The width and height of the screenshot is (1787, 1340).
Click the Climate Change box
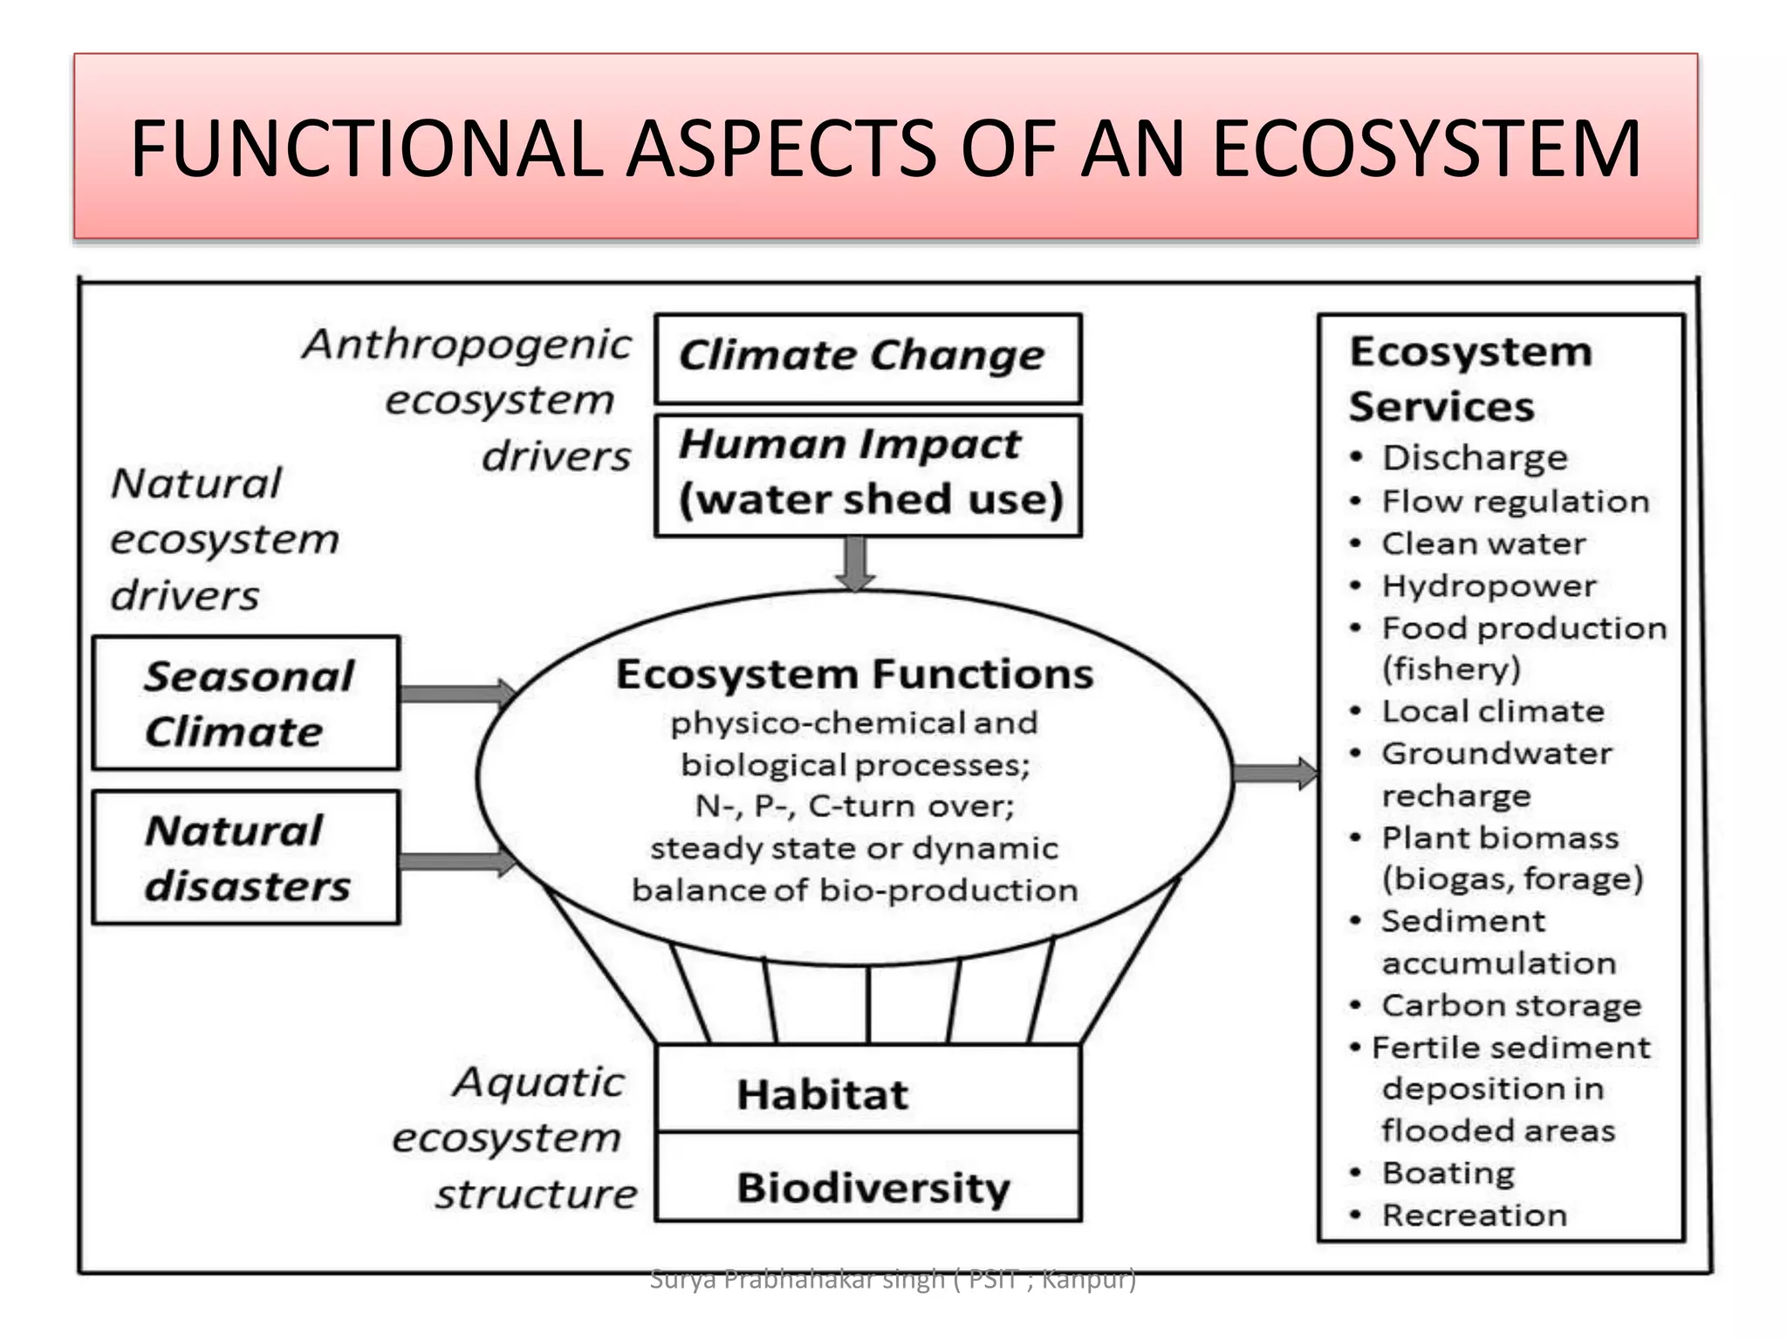867,359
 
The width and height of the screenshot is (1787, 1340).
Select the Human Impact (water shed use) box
867,475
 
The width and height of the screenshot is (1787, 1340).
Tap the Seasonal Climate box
246,703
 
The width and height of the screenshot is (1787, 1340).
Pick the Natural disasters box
246,857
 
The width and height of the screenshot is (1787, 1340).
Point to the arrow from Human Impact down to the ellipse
855,564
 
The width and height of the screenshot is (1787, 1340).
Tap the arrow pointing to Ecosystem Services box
1274,774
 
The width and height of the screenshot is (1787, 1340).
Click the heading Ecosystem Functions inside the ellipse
854,674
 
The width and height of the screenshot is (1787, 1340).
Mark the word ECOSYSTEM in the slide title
1426,149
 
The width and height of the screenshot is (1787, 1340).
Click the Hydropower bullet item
1488,586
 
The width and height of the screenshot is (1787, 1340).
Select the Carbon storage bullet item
1510,1005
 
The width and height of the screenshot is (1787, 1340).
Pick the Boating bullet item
1448,1172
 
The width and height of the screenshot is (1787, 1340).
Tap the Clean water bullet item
1483,544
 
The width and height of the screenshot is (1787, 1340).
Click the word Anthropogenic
467,345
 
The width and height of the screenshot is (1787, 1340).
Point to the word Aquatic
538,1083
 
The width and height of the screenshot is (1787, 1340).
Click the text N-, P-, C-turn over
854,805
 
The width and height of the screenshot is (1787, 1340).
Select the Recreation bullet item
1474,1214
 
